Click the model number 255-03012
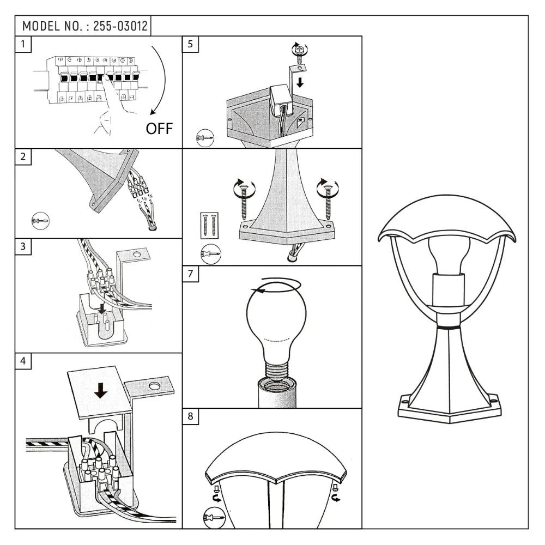coord(120,26)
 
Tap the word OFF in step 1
coord(159,129)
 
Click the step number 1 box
coord(23,44)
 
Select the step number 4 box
coord(23,361)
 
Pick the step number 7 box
coord(190,274)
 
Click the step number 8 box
coord(190,416)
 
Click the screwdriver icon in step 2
coord(40,220)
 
